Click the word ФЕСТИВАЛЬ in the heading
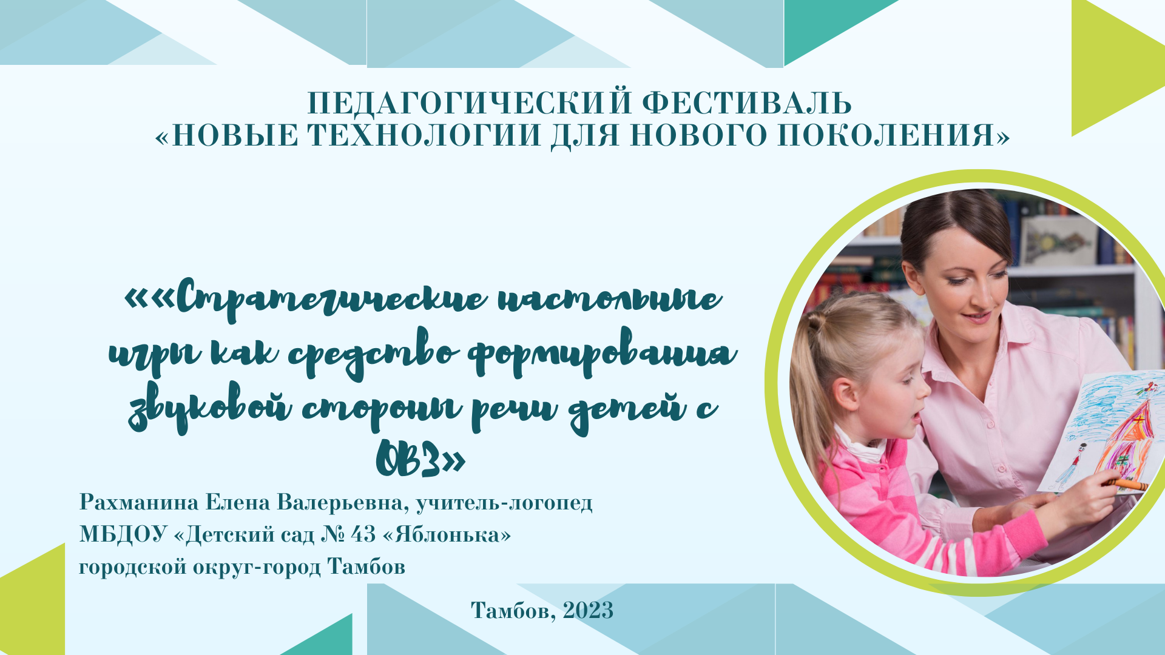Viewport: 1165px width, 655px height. pos(747,103)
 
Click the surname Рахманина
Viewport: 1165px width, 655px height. pos(139,502)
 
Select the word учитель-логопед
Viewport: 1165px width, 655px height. pos(504,503)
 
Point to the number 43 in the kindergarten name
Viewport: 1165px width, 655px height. pos(363,534)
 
